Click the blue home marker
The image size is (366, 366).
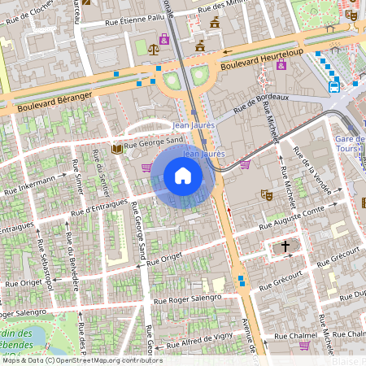click(183, 176)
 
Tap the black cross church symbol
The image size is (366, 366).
click(285, 245)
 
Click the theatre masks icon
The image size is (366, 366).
click(265, 194)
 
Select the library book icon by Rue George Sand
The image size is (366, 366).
click(118, 149)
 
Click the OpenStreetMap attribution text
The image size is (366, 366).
click(81, 359)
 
